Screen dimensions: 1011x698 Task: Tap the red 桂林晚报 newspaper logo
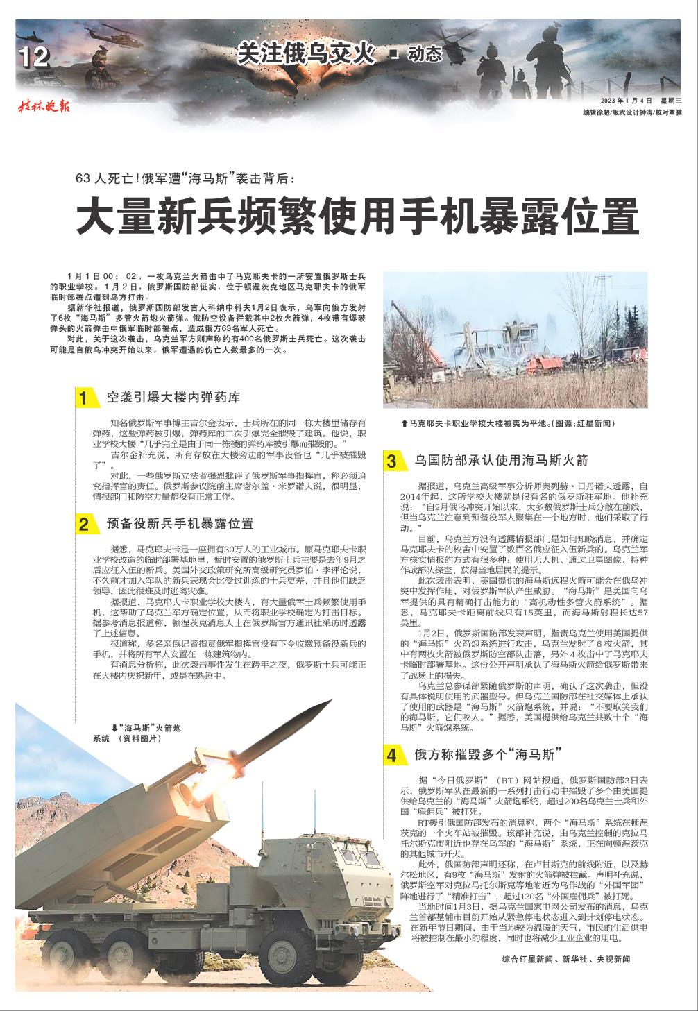[x=44, y=106]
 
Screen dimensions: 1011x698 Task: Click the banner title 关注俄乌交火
[x=305, y=54]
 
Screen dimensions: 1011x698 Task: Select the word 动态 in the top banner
[x=425, y=55]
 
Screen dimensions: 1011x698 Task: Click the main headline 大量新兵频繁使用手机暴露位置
[x=357, y=216]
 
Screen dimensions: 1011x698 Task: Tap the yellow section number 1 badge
[x=85, y=398]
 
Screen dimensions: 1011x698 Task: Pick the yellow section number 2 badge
[x=85, y=525]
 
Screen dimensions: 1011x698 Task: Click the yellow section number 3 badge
[x=392, y=461]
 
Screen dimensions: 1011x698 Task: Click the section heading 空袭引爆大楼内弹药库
[x=173, y=398]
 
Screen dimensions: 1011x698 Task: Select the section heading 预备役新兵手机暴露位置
[x=180, y=524]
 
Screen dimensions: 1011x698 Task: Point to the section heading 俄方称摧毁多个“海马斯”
[x=487, y=754]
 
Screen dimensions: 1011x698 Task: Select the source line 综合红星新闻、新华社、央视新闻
[x=565, y=959]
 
